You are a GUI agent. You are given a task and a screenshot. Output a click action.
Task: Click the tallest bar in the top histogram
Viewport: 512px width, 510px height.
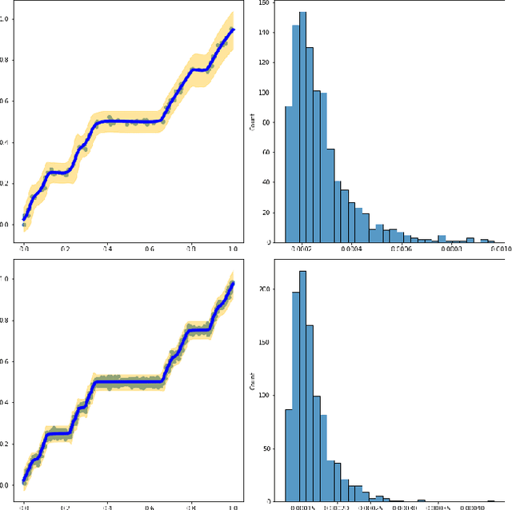(302, 128)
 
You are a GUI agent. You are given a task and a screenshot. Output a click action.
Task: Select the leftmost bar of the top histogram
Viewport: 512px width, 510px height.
(288, 174)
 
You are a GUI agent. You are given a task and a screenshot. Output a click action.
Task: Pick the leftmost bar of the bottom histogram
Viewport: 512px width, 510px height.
(289, 456)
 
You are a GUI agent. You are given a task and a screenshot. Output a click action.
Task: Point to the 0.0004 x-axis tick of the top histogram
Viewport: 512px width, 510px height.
(352, 249)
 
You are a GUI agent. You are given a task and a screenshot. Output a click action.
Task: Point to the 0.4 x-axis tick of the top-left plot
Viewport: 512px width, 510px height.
(107, 249)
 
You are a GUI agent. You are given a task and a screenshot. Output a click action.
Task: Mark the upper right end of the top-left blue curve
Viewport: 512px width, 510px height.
(233, 30)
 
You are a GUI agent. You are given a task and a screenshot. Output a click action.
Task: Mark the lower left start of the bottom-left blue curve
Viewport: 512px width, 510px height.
(24, 481)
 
